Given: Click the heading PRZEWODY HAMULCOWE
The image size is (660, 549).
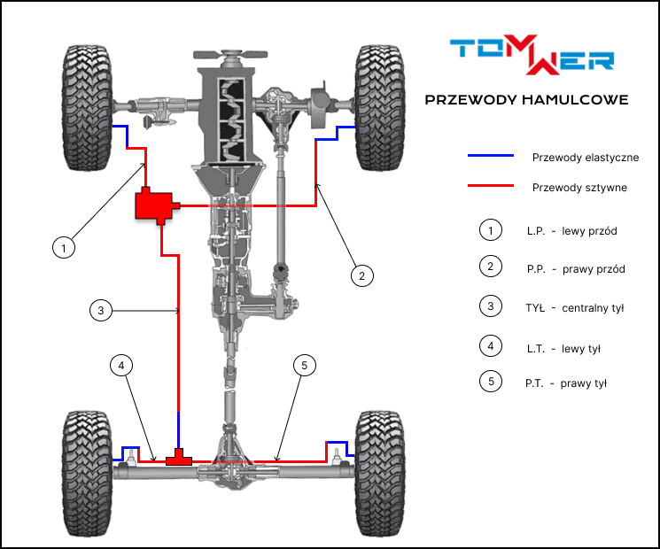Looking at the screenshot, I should click(x=526, y=100).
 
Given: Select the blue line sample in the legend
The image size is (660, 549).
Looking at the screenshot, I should click(x=491, y=156).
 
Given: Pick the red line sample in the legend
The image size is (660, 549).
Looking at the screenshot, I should click(x=491, y=187).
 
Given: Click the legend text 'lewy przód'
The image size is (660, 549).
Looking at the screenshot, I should click(x=589, y=231).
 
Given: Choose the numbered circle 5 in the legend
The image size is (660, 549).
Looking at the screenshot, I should click(x=490, y=383).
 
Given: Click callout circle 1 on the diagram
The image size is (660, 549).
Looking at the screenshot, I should click(x=62, y=247).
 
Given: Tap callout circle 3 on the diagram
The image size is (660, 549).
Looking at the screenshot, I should click(x=102, y=310).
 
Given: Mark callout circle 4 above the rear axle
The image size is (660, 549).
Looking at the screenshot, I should click(x=121, y=364).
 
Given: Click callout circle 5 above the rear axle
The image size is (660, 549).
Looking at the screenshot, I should click(x=304, y=364).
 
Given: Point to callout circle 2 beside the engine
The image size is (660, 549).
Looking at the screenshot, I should click(x=360, y=275).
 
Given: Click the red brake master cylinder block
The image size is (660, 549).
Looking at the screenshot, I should click(x=154, y=205).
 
